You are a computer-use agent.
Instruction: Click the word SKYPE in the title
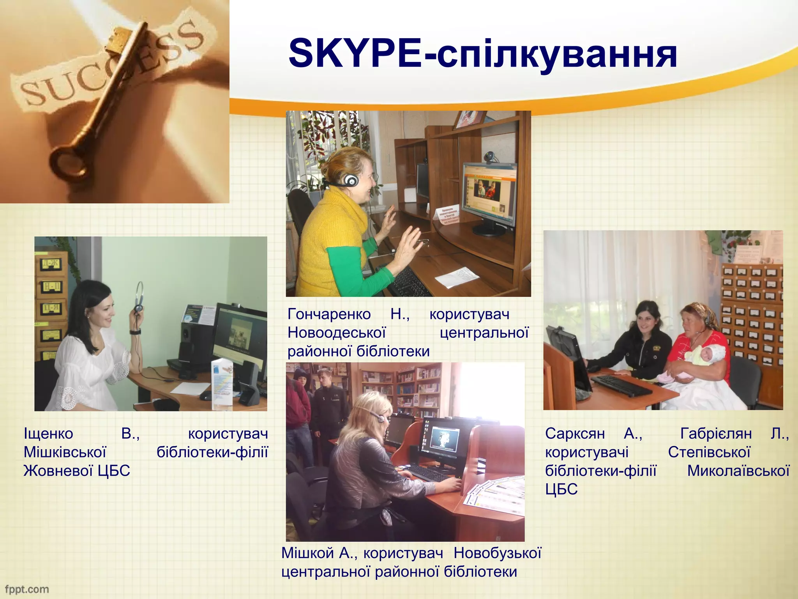[355, 53]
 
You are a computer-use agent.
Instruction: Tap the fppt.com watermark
[27, 589]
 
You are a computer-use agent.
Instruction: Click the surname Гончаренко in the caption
[329, 314]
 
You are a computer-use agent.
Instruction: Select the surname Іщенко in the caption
[48, 434]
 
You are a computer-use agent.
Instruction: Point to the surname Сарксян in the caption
[575, 434]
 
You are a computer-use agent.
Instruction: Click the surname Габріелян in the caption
[716, 434]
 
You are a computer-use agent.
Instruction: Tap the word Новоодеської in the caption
[337, 333]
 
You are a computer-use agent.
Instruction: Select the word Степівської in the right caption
[709, 452]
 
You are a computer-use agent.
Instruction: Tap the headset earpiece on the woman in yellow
[351, 180]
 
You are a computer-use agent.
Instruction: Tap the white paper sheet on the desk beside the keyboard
[457, 276]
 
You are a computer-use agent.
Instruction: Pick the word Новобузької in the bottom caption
[497, 553]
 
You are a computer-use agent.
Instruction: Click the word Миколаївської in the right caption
[738, 471]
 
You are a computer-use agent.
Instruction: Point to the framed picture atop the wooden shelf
[470, 119]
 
